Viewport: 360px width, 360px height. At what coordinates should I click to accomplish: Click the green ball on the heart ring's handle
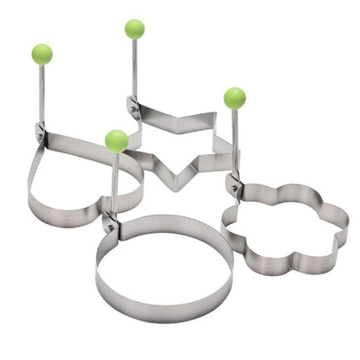[x=41, y=54]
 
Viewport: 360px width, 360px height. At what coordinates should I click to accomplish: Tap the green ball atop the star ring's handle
[x=134, y=29]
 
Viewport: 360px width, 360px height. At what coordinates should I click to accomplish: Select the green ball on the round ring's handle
[x=116, y=140]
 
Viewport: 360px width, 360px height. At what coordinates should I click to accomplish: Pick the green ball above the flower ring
[x=235, y=98]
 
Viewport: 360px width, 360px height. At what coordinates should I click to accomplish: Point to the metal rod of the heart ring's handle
[x=41, y=95]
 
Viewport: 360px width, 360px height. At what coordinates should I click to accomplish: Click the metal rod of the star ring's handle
[x=134, y=69]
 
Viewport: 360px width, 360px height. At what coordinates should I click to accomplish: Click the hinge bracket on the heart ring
[x=40, y=132]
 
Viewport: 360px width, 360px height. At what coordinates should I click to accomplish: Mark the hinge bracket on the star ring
[x=134, y=108]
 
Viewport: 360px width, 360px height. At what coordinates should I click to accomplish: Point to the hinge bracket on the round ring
[x=110, y=222]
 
